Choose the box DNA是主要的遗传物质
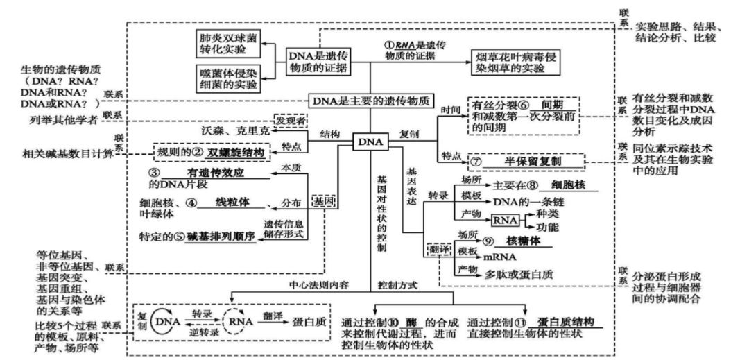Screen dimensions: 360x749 tap(373, 101)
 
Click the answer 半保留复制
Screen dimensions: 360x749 tap(533, 161)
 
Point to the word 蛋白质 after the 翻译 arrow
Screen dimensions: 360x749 tap(311, 321)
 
